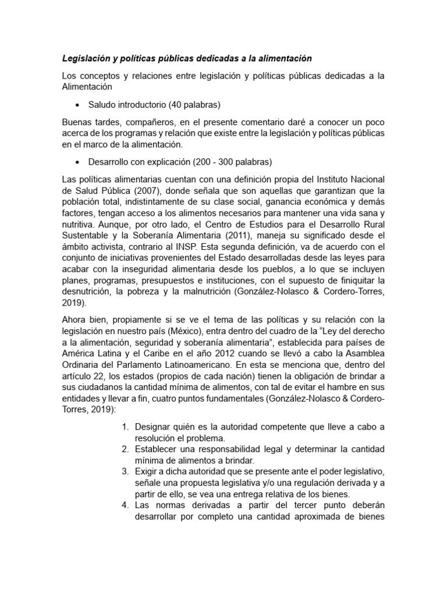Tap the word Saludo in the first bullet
point(103,105)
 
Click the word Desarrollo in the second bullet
point(110,161)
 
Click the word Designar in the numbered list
point(152,427)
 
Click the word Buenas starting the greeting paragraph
point(77,122)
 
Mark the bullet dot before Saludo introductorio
point(78,105)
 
